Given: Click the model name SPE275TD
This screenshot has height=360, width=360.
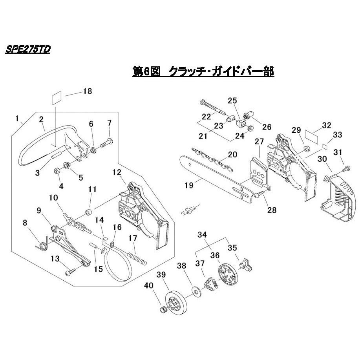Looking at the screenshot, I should [28, 50].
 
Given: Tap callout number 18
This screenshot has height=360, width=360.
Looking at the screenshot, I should [87, 91].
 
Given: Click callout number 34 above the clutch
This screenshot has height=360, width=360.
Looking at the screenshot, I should [202, 235].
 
